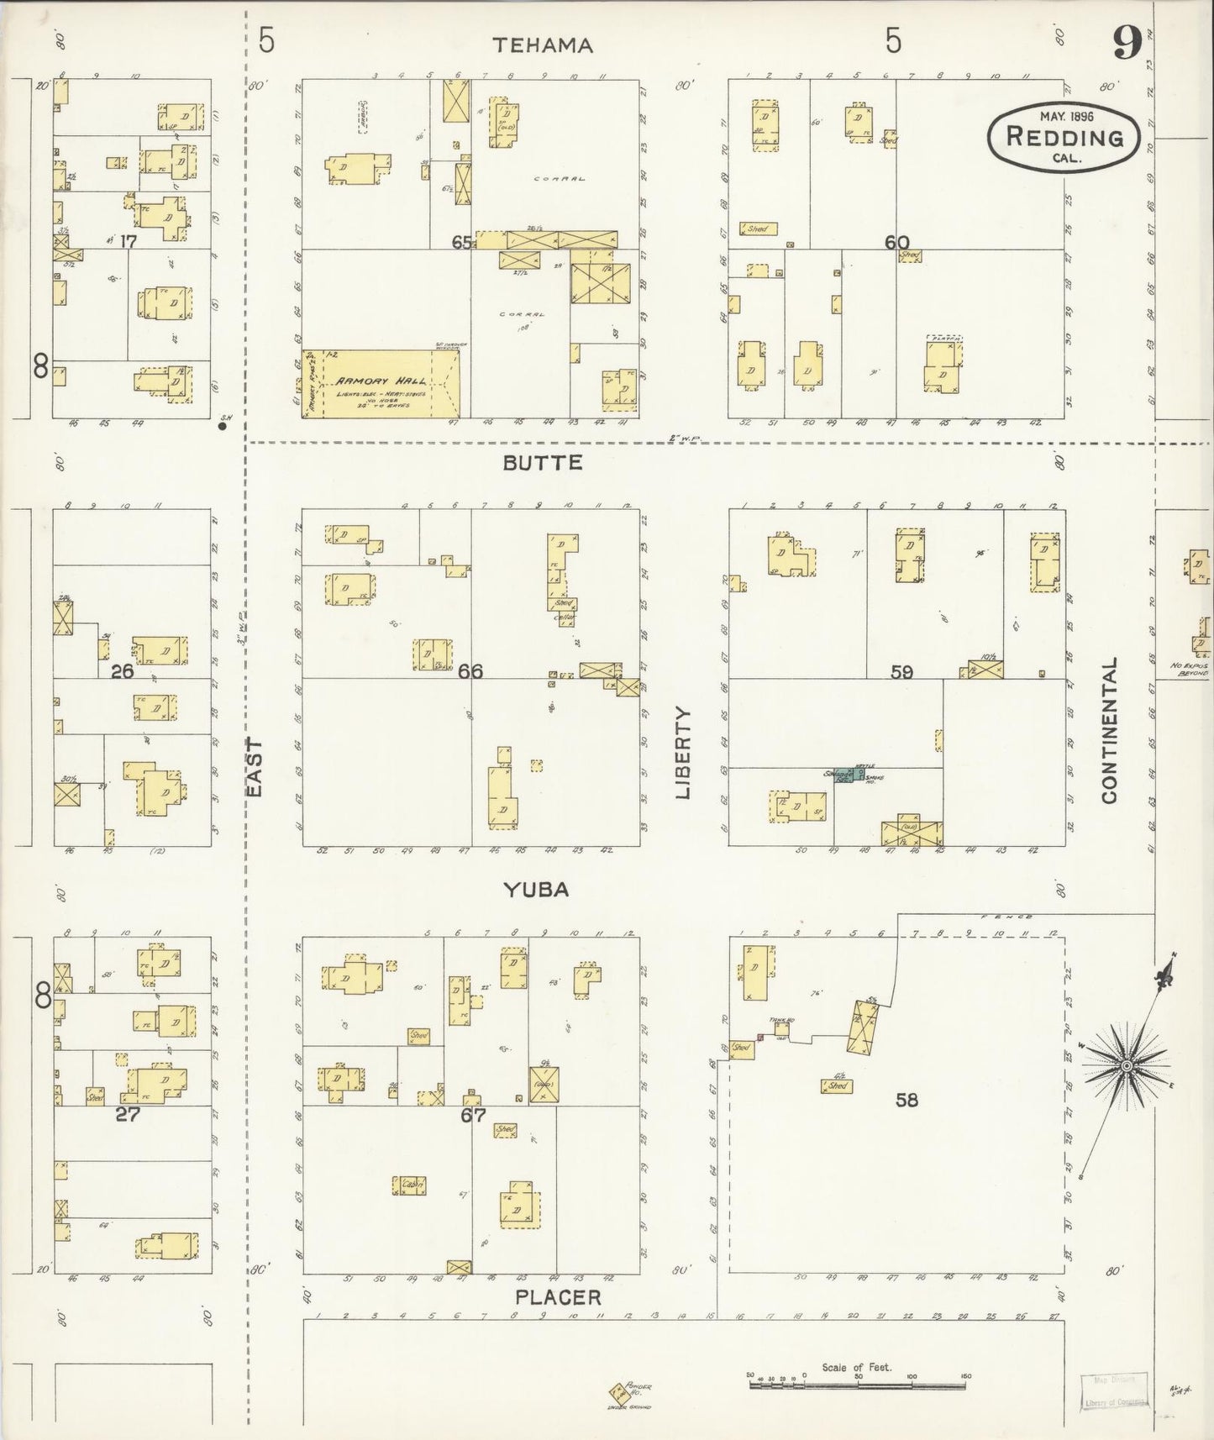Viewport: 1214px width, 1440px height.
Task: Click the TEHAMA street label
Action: pos(543,45)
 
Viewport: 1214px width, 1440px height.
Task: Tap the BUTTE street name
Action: pos(543,463)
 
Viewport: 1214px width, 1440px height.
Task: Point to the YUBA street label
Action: pos(537,890)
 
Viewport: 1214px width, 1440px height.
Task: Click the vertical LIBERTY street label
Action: pos(682,753)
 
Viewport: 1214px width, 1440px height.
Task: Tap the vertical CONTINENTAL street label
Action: pos(1109,730)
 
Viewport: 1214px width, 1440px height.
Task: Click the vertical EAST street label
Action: pos(255,768)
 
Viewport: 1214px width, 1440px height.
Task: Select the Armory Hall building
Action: pos(381,385)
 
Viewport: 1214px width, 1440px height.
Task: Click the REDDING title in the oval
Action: pos(1064,137)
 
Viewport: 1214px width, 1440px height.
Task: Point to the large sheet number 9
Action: pos(1126,43)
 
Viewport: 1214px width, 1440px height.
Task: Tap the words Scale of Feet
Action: pos(856,1368)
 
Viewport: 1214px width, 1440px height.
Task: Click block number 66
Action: pos(470,671)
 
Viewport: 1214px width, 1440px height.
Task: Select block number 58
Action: pos(907,1099)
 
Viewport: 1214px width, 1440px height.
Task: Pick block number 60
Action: pos(896,243)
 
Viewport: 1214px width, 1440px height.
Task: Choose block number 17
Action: pos(128,242)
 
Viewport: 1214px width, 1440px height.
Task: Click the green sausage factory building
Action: pos(849,775)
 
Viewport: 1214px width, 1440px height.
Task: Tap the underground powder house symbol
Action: pos(618,1392)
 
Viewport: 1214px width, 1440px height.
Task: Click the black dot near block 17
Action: pos(223,426)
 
